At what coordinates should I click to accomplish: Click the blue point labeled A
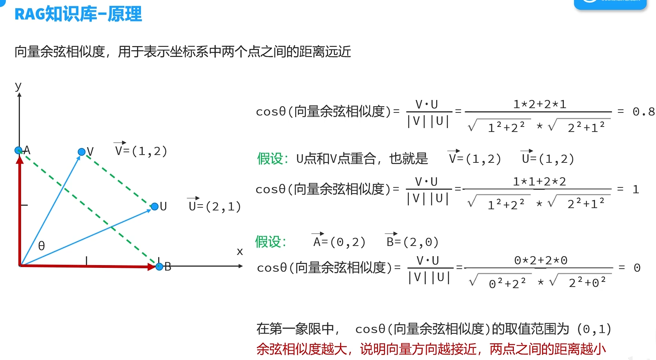pyautogui.click(x=18, y=150)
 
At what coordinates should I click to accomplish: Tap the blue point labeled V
pyautogui.click(x=82, y=151)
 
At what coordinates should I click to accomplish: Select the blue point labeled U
pyautogui.click(x=155, y=207)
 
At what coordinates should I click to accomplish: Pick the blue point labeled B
pyautogui.click(x=159, y=267)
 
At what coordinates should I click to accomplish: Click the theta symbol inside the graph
pyautogui.click(x=41, y=246)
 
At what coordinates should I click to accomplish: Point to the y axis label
pyautogui.click(x=18, y=86)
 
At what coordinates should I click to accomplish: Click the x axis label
pyautogui.click(x=240, y=251)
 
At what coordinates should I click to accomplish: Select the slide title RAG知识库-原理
pyautogui.click(x=78, y=14)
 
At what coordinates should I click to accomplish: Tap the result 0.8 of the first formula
pyautogui.click(x=643, y=112)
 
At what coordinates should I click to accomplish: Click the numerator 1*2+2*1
pyautogui.click(x=540, y=104)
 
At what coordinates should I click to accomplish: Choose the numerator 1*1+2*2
pyautogui.click(x=539, y=182)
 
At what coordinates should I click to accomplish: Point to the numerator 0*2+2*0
pyautogui.click(x=541, y=260)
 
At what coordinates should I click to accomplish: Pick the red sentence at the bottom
pyautogui.click(x=431, y=349)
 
